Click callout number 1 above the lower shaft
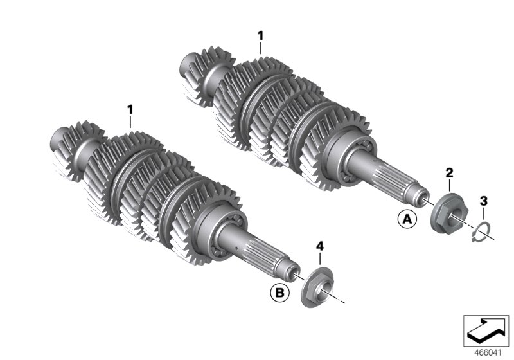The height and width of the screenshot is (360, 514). tap(130, 109)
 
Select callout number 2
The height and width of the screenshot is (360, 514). tap(450, 172)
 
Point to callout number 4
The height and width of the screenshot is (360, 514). tap(319, 246)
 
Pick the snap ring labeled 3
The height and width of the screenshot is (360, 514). tap(483, 232)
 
